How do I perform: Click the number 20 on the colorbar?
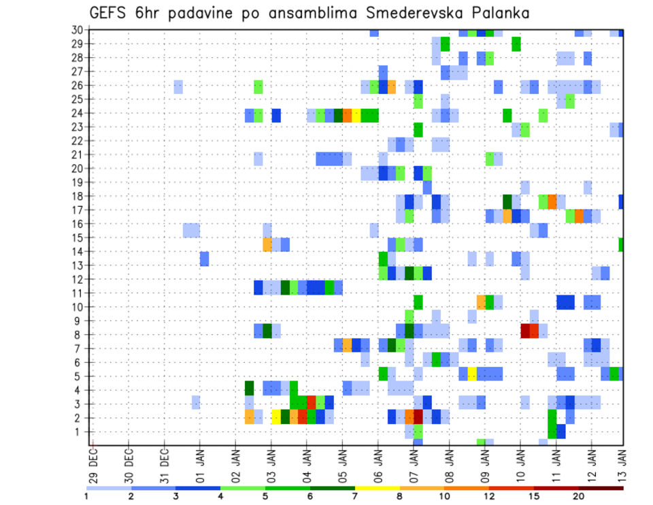point(579,496)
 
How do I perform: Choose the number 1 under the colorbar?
point(86,496)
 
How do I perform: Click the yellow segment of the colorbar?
point(378,488)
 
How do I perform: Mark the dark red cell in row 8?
point(525,331)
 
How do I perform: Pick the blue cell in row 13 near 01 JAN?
point(204,259)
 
